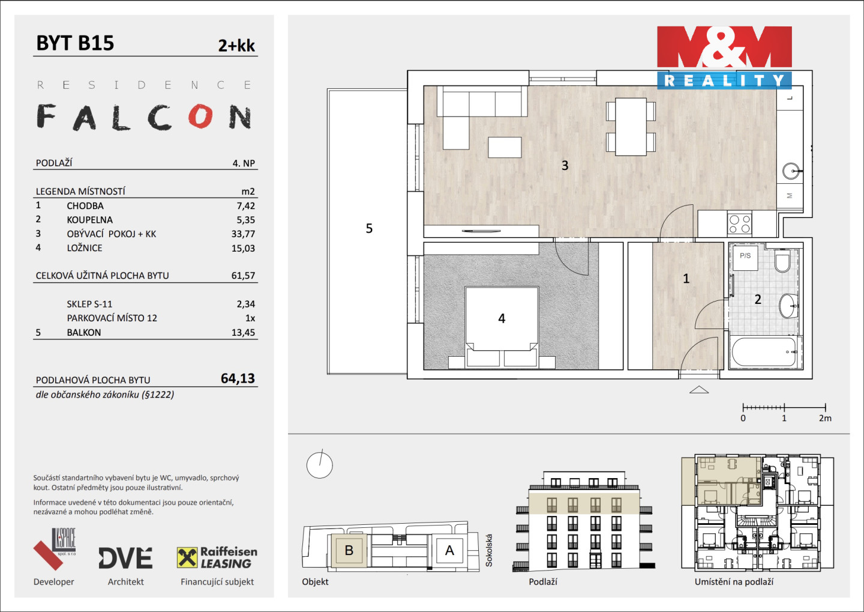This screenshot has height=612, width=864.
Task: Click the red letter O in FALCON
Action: tap(200, 116)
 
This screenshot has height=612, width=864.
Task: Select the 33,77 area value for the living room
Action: tap(243, 234)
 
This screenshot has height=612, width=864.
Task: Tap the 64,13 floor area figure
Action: tap(238, 378)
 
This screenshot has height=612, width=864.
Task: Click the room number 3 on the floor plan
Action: tap(565, 165)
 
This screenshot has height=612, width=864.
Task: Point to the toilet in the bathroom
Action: tap(782, 261)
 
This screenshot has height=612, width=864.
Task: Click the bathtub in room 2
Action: tap(764, 352)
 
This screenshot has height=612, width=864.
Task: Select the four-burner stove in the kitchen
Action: tap(740, 224)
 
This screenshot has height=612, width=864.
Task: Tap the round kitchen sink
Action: tap(791, 171)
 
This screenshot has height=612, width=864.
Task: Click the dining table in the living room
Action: tap(631, 127)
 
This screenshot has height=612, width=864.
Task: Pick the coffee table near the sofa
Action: tap(505, 147)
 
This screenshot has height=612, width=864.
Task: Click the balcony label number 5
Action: tap(369, 229)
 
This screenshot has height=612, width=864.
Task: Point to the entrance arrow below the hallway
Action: tap(699, 390)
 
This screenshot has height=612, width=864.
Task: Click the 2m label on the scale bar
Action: tap(825, 418)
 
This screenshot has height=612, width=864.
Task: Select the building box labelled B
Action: tap(349, 550)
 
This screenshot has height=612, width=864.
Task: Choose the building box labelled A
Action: tap(449, 550)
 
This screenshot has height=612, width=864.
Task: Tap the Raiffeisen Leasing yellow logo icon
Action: tap(187, 557)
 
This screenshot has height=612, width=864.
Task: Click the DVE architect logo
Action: tap(126, 558)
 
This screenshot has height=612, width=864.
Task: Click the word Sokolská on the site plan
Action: tap(488, 550)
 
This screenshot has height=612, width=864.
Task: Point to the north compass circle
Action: tap(319, 465)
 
